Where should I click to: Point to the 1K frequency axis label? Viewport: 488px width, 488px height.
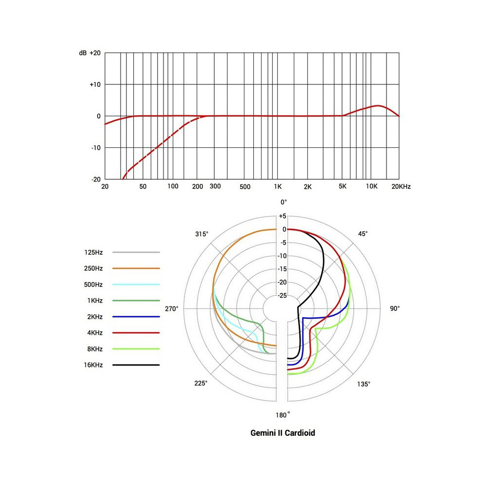(x=278, y=187)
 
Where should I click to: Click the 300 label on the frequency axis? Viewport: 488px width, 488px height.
(x=215, y=187)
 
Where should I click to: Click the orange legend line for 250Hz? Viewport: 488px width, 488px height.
(x=136, y=268)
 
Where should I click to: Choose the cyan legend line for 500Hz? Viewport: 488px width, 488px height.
(x=136, y=285)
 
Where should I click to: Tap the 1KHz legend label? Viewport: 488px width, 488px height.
(x=94, y=301)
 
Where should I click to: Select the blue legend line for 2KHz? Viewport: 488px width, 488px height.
(x=136, y=317)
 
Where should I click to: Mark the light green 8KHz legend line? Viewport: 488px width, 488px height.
(x=136, y=349)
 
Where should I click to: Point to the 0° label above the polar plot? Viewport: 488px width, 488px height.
(x=284, y=202)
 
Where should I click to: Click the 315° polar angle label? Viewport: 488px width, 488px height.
(x=202, y=234)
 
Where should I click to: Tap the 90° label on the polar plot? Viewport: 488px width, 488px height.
(x=395, y=308)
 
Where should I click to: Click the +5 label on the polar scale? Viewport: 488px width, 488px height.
(x=283, y=216)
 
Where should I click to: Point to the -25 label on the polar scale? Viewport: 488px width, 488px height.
(x=283, y=295)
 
